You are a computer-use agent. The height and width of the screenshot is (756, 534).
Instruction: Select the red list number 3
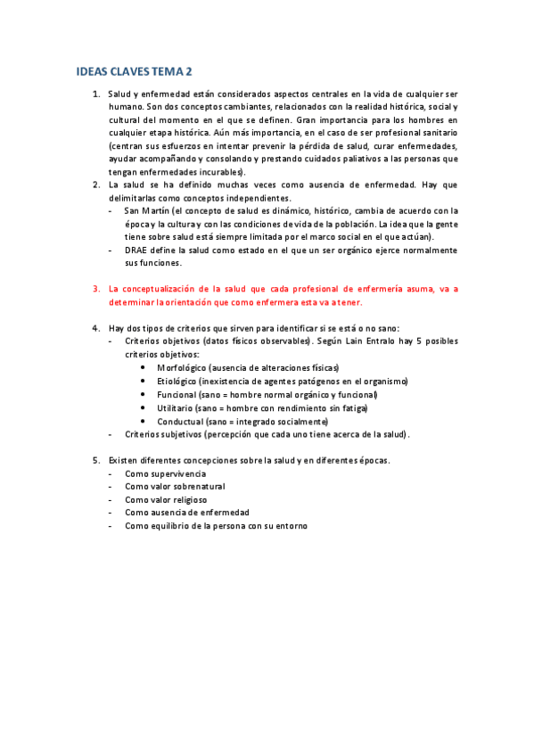tap(95, 289)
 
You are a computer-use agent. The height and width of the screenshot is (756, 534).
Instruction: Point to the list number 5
tap(95, 460)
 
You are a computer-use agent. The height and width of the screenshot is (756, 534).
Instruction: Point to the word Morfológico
tap(183, 367)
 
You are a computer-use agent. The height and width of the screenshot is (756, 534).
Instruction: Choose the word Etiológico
tap(179, 381)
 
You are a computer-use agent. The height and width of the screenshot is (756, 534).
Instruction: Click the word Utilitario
tap(177, 407)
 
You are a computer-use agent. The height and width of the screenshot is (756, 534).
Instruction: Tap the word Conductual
tap(181, 421)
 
